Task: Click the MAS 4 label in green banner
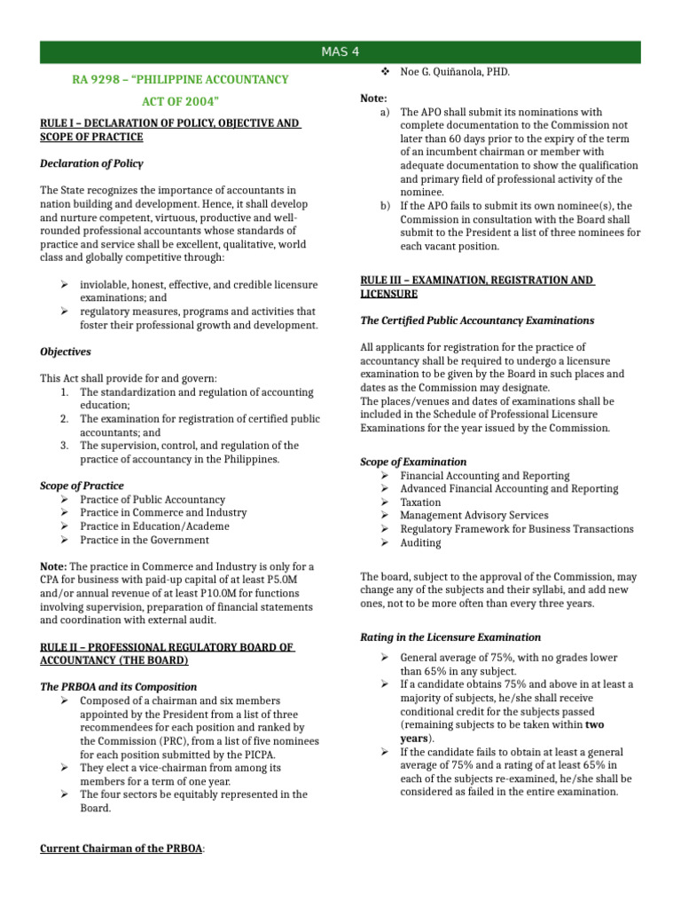340,52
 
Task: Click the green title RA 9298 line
180,80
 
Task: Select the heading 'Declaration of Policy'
91,163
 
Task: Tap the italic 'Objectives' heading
66,352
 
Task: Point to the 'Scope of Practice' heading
82,486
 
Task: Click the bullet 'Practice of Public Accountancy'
152,500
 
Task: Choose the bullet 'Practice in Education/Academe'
153,526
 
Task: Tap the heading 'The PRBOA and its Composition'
119,687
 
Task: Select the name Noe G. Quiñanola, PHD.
455,72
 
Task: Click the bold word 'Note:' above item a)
373,99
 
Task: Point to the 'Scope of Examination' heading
413,462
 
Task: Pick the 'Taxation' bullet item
420,502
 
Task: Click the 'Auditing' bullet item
420,542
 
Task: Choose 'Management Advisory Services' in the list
474,516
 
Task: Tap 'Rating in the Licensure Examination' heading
450,637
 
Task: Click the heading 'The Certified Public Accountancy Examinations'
477,320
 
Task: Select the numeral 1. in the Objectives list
65,392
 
